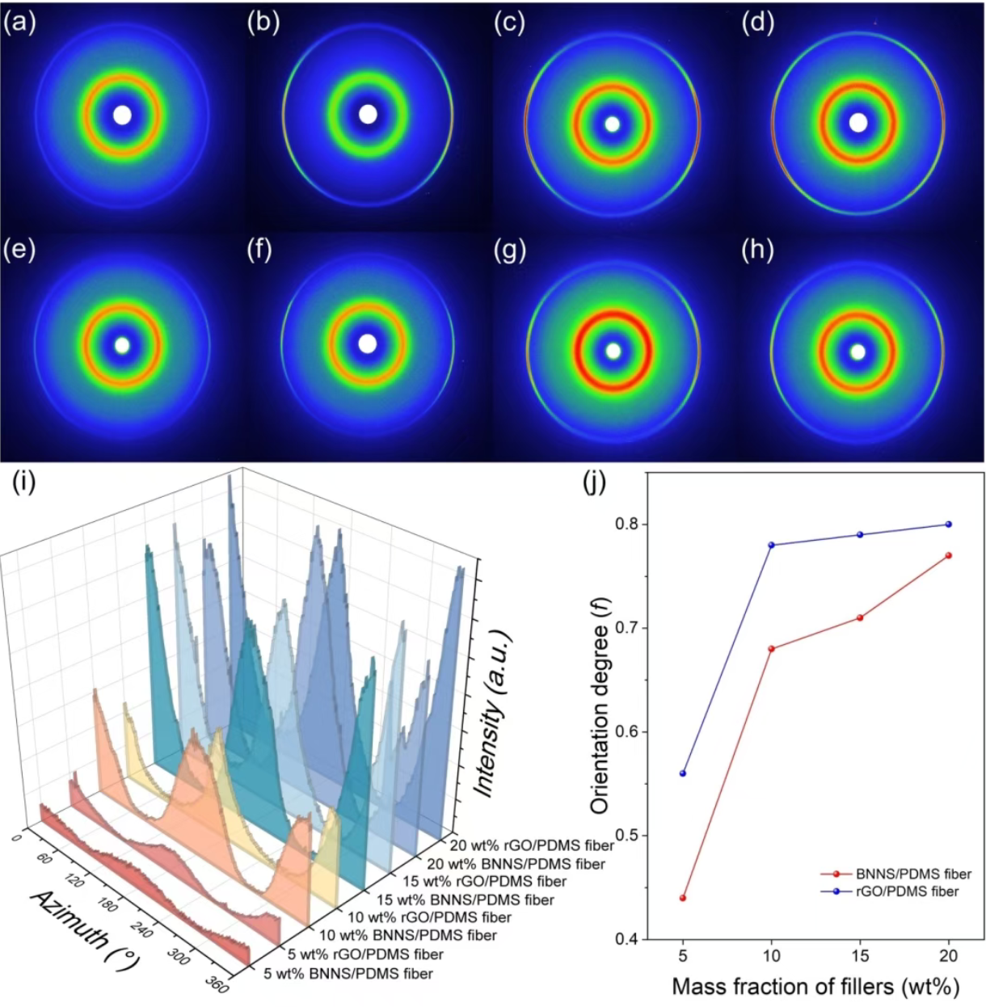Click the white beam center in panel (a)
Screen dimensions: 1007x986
[x=122, y=116]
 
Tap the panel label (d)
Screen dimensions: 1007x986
[x=757, y=23]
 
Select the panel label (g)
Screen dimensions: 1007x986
[x=510, y=251]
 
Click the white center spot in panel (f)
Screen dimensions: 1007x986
[x=367, y=344]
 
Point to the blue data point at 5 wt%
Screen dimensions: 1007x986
[x=683, y=773]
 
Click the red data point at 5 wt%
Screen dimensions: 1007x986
[x=683, y=898]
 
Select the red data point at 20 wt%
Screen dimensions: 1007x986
[x=948, y=555]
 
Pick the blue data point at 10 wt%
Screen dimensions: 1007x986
[x=771, y=545]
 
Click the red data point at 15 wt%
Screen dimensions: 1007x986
[x=860, y=617]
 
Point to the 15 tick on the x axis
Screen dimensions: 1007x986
[x=860, y=957]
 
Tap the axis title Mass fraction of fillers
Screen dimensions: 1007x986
[x=815, y=987]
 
